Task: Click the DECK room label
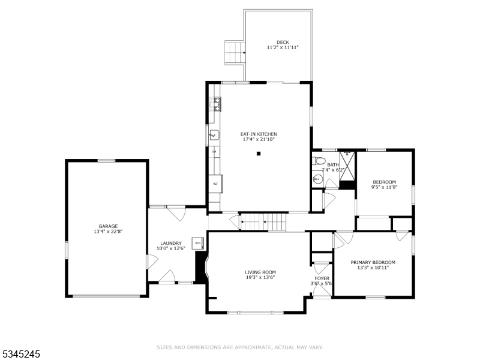pos(283,42)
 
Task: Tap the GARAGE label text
pos(108,226)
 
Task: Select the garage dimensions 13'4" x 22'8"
pos(108,232)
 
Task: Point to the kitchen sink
pos(214,136)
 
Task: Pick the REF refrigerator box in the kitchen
pos(215,184)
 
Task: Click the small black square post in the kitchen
pos(259,154)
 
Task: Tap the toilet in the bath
pos(319,161)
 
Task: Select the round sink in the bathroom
pos(317,179)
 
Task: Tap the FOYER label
pos(322,278)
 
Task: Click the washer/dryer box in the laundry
pos(197,243)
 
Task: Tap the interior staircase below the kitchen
pos(263,222)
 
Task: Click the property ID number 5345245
pos(21,355)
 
